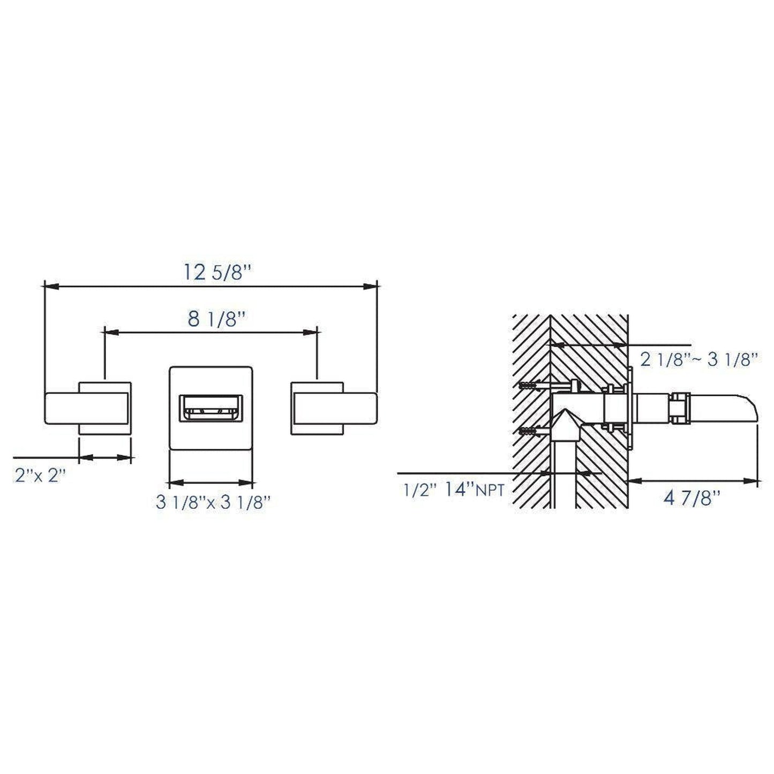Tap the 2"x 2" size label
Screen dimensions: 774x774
click(x=40, y=476)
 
